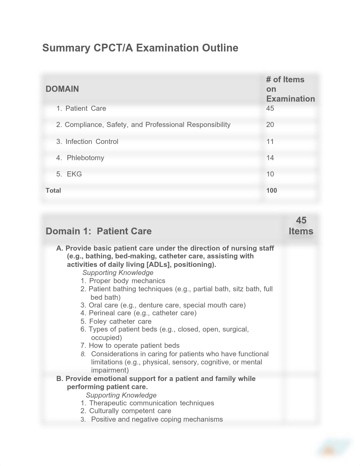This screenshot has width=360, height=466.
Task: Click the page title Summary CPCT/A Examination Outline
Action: point(140,48)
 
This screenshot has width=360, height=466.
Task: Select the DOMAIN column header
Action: point(62,89)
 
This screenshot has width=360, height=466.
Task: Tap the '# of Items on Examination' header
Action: point(290,89)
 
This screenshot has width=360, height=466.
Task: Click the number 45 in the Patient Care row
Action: point(270,108)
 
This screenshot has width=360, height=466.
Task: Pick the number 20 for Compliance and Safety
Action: point(270,125)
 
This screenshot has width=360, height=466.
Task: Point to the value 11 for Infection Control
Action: point(270,142)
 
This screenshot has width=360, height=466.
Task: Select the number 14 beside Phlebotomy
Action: point(270,158)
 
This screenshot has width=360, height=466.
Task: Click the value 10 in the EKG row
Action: point(270,174)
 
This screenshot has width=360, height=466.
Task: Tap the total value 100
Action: point(272,190)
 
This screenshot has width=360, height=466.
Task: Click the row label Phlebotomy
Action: point(85,158)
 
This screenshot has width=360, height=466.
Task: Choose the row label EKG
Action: point(74,174)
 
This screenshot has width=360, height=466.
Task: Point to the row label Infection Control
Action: point(92,142)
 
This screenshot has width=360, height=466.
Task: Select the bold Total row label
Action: point(53,190)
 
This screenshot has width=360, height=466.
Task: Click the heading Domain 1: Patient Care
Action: point(99,231)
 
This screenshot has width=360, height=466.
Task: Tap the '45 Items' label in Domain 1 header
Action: point(301,226)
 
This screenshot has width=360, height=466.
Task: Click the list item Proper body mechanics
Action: point(127,281)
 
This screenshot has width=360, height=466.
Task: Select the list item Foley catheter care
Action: point(120,321)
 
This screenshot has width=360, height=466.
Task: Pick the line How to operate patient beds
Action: point(134,345)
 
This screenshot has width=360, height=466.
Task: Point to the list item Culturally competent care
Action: point(130,411)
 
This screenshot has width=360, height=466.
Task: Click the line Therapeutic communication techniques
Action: point(152,403)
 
